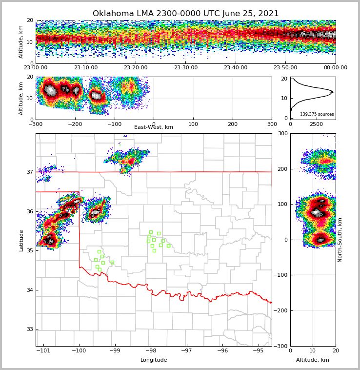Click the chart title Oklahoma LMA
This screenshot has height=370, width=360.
point(185,14)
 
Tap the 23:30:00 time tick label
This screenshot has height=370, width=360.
point(186,68)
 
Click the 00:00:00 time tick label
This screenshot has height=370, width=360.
point(335,68)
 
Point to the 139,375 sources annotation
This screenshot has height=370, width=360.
point(317,114)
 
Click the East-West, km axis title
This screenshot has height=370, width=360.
point(154,127)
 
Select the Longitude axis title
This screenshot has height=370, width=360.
point(154,360)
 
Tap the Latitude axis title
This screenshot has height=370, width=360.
point(21,240)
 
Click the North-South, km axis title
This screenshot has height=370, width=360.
point(340,240)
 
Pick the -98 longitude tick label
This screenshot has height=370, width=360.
point(151,351)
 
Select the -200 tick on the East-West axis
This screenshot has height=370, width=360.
point(75,124)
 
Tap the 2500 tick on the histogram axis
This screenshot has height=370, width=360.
point(317,124)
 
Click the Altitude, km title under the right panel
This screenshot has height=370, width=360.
point(313,360)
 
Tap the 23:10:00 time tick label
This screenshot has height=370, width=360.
point(86,68)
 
